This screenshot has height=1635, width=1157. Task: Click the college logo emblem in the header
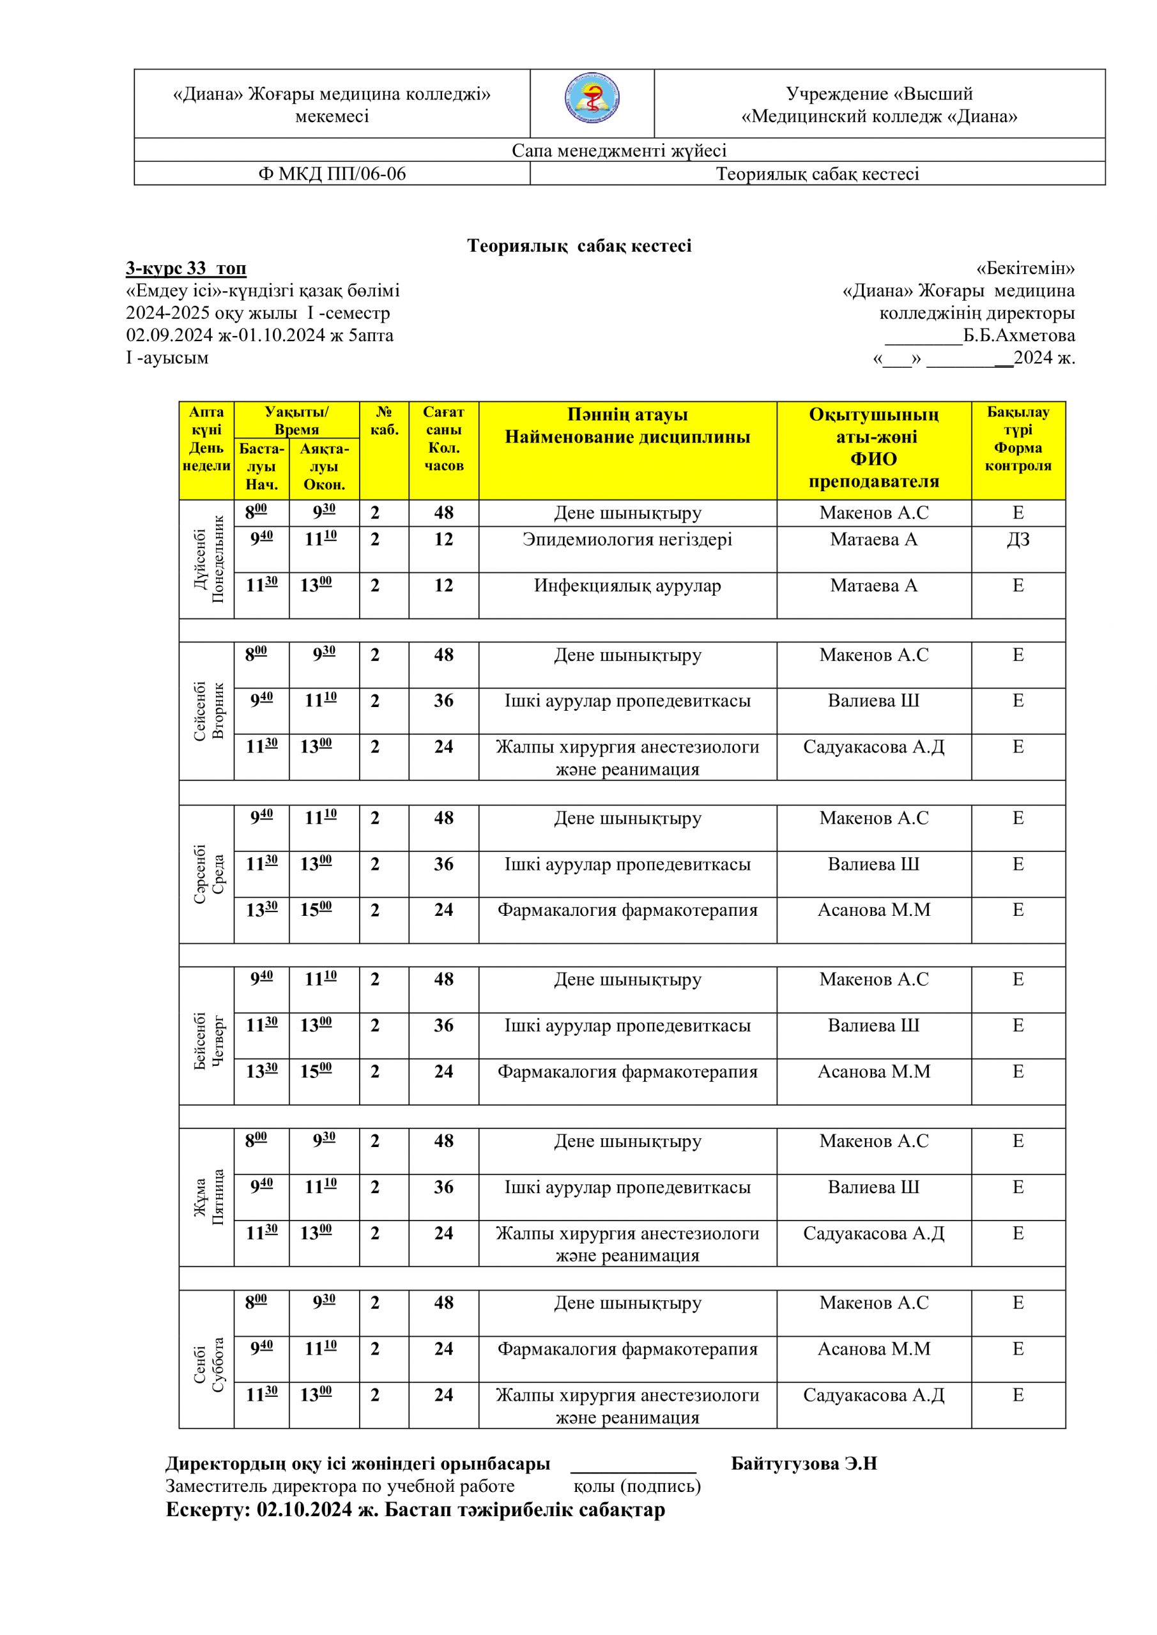pyautogui.click(x=592, y=100)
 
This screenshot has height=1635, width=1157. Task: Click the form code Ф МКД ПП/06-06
pyautogui.click(x=332, y=174)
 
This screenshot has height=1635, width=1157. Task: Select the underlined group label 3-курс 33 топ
pyautogui.click(x=186, y=268)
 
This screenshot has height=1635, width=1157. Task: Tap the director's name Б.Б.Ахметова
pyautogui.click(x=1019, y=335)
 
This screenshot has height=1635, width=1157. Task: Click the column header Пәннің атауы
pyautogui.click(x=627, y=414)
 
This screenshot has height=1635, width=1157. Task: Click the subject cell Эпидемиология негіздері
pyautogui.click(x=627, y=540)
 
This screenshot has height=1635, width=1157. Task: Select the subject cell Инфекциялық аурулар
pyautogui.click(x=627, y=586)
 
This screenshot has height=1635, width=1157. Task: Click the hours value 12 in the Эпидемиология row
pyautogui.click(x=443, y=540)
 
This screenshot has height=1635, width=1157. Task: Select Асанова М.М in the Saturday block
pyautogui.click(x=873, y=1349)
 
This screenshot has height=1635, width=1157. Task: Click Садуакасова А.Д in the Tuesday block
pyautogui.click(x=873, y=747)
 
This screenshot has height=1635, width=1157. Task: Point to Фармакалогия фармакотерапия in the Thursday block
pyautogui.click(x=627, y=1072)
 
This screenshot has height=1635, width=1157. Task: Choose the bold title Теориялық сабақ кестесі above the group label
pyautogui.click(x=579, y=246)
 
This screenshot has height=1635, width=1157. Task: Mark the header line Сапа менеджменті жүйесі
pyautogui.click(x=619, y=150)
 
